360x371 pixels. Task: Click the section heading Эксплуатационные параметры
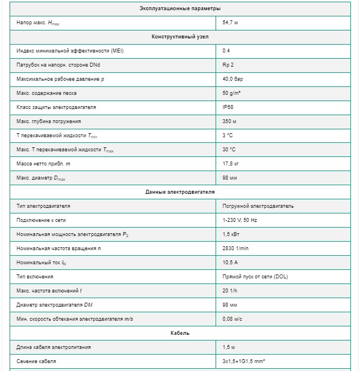180,8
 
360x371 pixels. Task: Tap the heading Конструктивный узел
180,37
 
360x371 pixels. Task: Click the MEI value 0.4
226,51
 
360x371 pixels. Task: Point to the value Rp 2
229,65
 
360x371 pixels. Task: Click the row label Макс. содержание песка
47,93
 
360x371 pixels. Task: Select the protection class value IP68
229,107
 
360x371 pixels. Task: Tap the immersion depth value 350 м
230,121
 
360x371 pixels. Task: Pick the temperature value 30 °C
230,150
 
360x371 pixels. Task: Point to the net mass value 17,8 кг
232,164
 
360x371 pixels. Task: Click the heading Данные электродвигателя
180,192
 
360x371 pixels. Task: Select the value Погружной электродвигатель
258,206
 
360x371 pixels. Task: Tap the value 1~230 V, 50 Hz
240,220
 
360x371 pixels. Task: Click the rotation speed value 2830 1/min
236,248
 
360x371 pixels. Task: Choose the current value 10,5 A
231,263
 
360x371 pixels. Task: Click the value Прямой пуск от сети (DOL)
256,277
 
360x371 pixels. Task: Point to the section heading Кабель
180,333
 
